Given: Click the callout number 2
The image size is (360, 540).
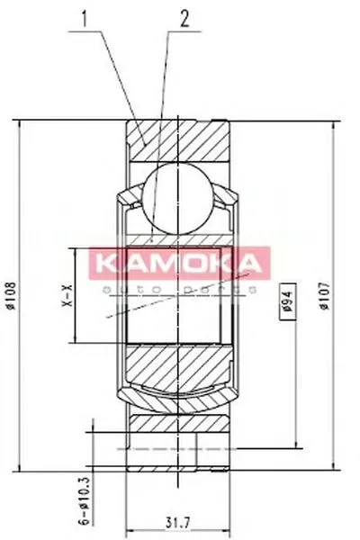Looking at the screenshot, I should (x=184, y=17).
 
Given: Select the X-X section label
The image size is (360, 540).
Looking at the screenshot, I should (x=64, y=297).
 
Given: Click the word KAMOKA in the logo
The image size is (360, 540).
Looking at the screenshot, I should (x=179, y=262).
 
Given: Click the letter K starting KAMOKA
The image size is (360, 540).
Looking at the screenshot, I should (x=105, y=262).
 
